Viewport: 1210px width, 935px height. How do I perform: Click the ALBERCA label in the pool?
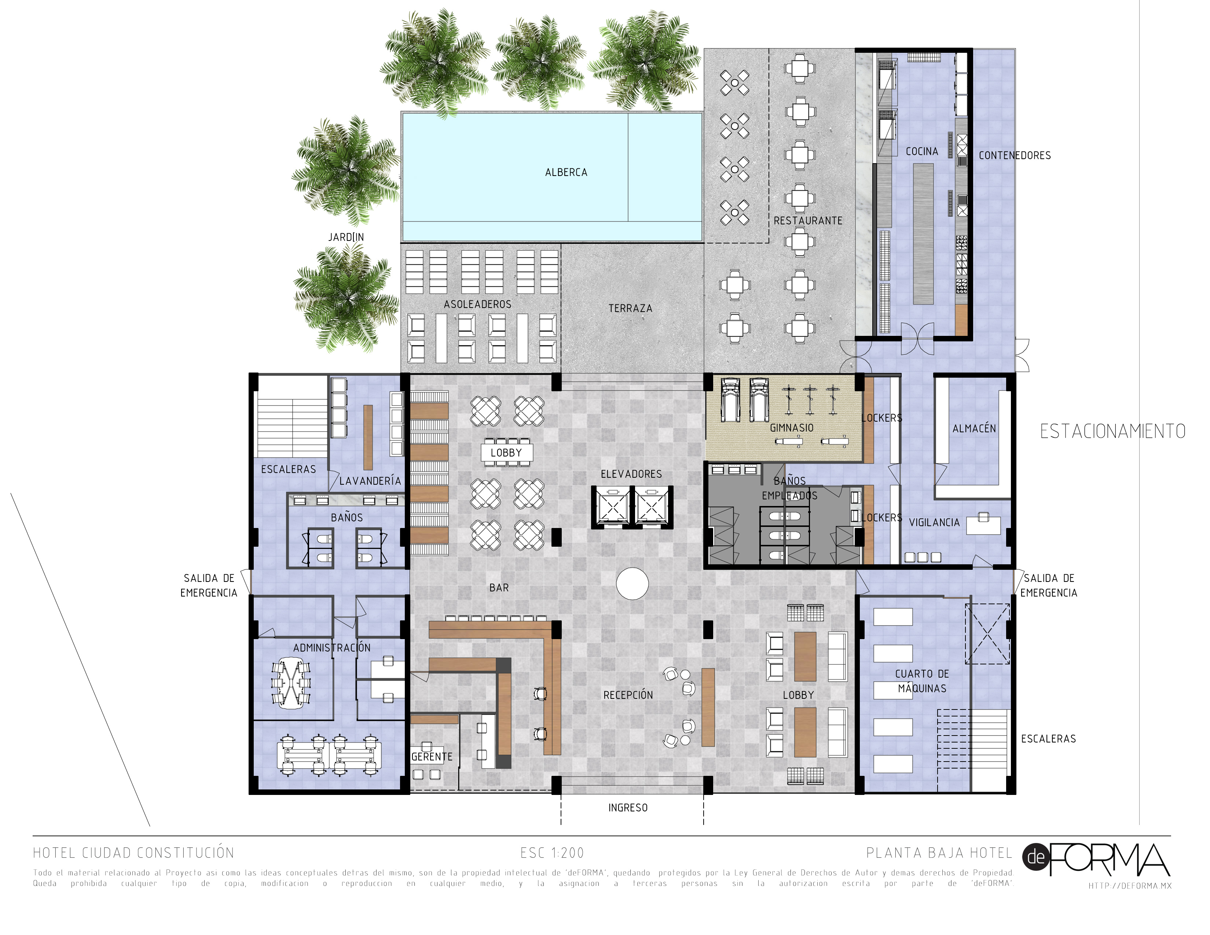[x=566, y=172]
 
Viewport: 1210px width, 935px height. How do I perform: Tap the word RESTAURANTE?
[x=807, y=220]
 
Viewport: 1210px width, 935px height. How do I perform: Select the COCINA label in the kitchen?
[x=921, y=151]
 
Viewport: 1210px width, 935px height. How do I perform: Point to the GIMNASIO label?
[x=791, y=428]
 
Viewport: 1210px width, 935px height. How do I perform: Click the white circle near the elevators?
[x=632, y=583]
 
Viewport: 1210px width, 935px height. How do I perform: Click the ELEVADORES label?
[x=631, y=474]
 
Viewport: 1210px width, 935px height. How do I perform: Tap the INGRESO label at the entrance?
[x=628, y=808]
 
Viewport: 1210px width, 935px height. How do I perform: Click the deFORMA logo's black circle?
[x=1035, y=858]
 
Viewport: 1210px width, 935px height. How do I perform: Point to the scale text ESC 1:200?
[x=552, y=853]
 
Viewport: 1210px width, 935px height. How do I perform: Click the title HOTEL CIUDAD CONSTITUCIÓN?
[x=133, y=853]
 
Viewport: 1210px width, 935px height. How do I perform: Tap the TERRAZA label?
[x=630, y=308]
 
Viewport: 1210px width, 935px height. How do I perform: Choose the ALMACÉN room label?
[x=973, y=429]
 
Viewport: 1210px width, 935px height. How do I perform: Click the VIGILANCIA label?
[x=934, y=522]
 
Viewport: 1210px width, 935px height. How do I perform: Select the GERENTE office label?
[x=432, y=757]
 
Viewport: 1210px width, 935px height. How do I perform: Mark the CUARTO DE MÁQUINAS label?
[x=922, y=681]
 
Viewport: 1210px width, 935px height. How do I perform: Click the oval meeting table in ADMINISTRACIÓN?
[x=291, y=683]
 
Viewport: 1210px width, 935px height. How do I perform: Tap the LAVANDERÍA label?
[x=370, y=481]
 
